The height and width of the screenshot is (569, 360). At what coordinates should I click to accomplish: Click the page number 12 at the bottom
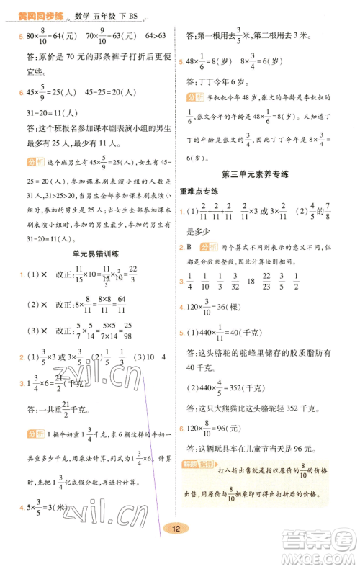(x=176, y=549)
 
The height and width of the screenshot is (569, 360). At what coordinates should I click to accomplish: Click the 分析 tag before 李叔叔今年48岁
(x=194, y=96)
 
